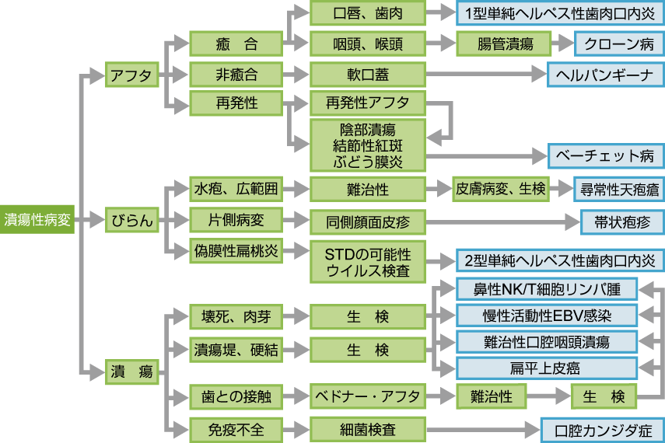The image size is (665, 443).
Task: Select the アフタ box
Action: pyautogui.click(x=131, y=75)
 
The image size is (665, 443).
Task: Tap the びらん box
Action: pyautogui.click(x=131, y=221)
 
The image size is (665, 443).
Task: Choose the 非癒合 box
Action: pyautogui.click(x=236, y=75)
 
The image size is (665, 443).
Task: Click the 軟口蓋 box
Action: pyautogui.click(x=367, y=75)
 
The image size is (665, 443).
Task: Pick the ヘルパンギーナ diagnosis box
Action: pyautogui.click(x=605, y=75)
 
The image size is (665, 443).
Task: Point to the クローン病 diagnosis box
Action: pyautogui.click(x=619, y=44)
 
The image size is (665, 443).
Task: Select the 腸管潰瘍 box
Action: pyautogui.click(x=504, y=44)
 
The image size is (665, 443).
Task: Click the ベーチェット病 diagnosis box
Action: pyautogui.click(x=605, y=155)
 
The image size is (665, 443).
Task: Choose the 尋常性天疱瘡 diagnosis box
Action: pyautogui.click(x=619, y=188)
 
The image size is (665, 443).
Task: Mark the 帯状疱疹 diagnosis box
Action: pyautogui.click(x=622, y=221)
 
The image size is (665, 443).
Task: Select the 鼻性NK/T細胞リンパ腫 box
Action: pyautogui.click(x=547, y=289)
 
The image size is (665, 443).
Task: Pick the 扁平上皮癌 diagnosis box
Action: pyautogui.click(x=547, y=368)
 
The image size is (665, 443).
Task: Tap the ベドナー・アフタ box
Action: pyautogui.click(x=367, y=396)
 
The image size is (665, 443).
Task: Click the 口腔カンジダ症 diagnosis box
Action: pyautogui.click(x=603, y=430)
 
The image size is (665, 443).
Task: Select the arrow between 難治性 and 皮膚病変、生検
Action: pyautogui.click(x=440, y=188)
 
